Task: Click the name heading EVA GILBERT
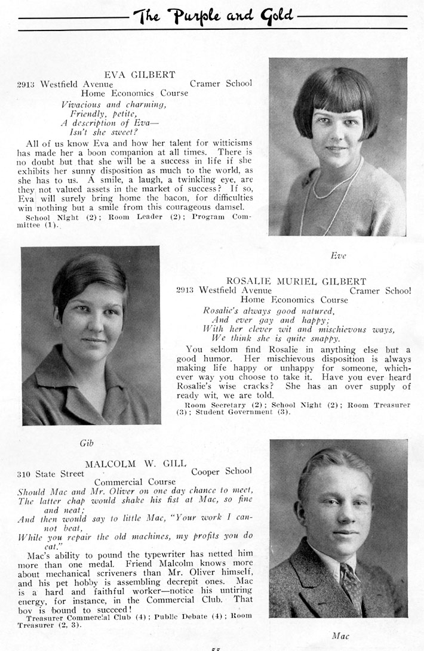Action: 140,75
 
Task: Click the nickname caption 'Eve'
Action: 338,255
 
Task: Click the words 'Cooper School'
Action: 221,471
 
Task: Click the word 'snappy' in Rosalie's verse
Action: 324,338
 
